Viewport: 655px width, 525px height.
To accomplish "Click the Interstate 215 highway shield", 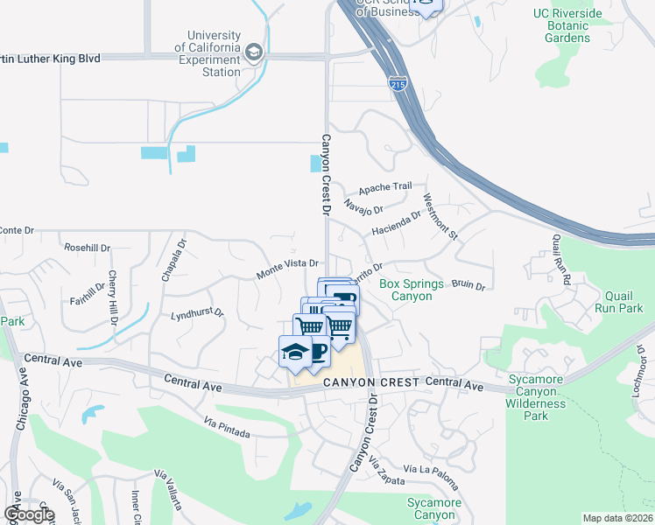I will coord(396,83).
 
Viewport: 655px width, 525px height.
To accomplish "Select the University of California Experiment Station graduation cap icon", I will coord(254,52).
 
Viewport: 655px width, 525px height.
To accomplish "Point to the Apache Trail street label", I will coord(384,187).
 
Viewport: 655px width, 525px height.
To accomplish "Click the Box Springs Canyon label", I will coord(412,290).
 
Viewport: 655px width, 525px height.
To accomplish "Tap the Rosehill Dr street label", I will coord(87,248).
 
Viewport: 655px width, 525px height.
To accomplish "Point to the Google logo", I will coord(29,514).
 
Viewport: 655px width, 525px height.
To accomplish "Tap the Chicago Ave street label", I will coord(21,398).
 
